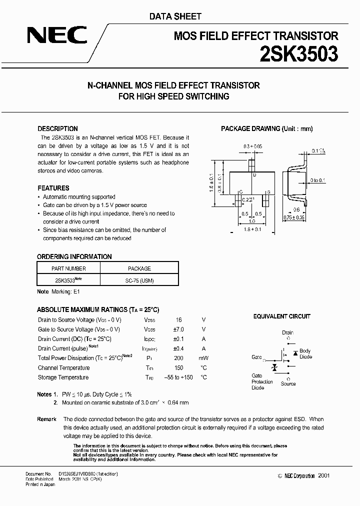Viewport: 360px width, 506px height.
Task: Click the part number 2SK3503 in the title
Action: [298, 54]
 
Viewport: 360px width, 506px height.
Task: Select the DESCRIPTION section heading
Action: [57, 128]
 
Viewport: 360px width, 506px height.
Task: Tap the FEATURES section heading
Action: [53, 188]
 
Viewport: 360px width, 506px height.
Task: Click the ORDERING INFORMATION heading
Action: [74, 256]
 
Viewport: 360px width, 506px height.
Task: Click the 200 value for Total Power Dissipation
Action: [178, 358]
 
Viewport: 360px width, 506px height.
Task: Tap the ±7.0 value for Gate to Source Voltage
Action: [178, 329]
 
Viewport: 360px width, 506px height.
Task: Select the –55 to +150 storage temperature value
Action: [178, 377]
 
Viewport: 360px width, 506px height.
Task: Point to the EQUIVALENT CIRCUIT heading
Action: [281, 316]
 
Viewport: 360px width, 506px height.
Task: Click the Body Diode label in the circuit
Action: [305, 354]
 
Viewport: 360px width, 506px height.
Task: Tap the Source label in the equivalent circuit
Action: [288, 384]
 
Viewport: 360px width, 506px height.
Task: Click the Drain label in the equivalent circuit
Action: [287, 332]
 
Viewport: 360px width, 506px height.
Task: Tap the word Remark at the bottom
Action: [46, 419]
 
